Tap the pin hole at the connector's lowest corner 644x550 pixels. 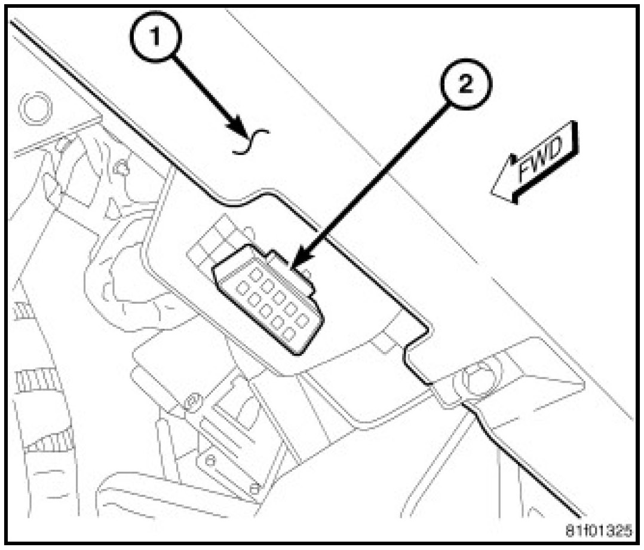click(290, 334)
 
